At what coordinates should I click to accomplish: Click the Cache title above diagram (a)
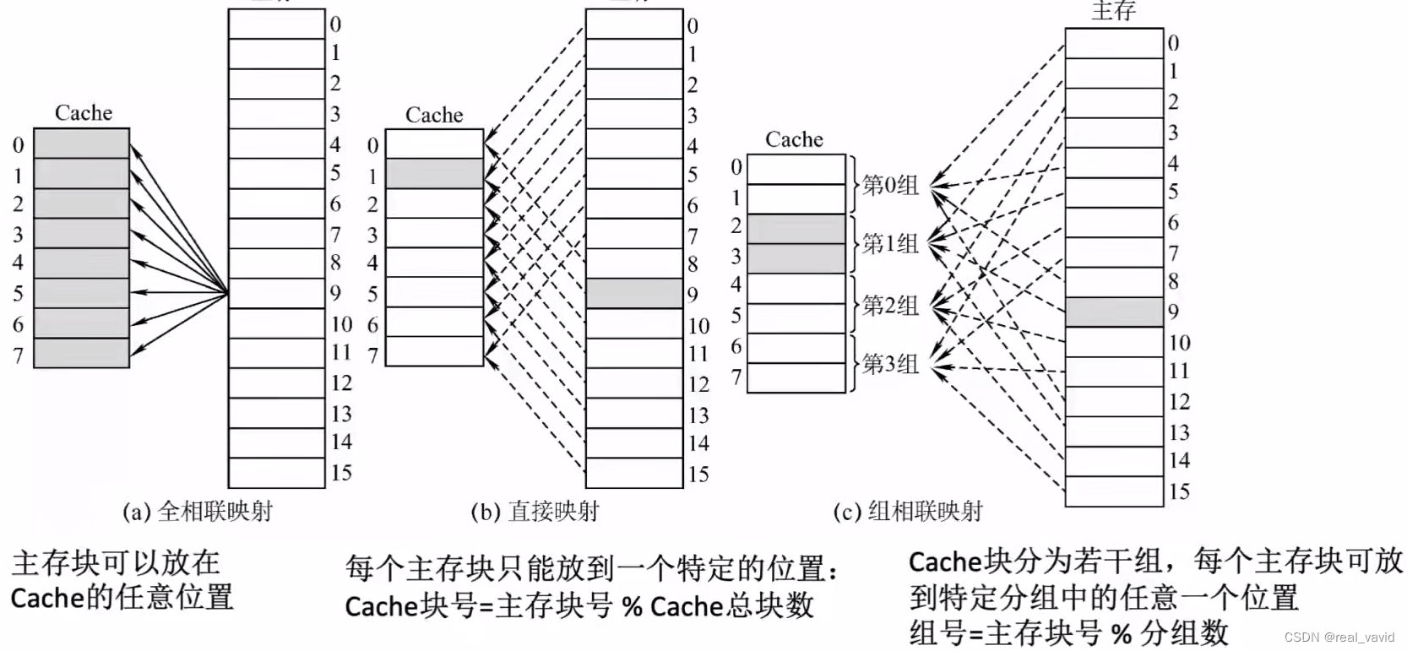pyautogui.click(x=84, y=113)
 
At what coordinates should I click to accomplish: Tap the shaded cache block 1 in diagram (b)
pyautogui.click(x=435, y=174)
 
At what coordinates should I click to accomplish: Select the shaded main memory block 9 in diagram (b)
pyautogui.click(x=634, y=293)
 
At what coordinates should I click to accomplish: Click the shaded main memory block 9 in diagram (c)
pyautogui.click(x=1114, y=312)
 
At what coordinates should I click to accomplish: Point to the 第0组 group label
pyautogui.click(x=890, y=185)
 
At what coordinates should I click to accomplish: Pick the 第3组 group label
pyautogui.click(x=890, y=363)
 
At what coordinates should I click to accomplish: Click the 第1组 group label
pyautogui.click(x=890, y=243)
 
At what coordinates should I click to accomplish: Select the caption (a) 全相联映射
pyautogui.click(x=198, y=512)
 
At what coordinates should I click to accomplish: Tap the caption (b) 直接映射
pyautogui.click(x=535, y=512)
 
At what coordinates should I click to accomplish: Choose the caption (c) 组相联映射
pyautogui.click(x=908, y=512)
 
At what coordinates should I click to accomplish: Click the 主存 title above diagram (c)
pyautogui.click(x=1114, y=11)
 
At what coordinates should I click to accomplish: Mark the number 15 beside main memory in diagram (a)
pyautogui.click(x=342, y=473)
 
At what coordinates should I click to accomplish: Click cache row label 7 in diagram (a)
pyautogui.click(x=19, y=356)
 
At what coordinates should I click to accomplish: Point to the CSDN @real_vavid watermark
pyautogui.click(x=1339, y=637)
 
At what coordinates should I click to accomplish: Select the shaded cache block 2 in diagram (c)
pyautogui.click(x=796, y=229)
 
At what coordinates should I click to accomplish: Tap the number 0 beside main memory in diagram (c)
pyautogui.click(x=1173, y=43)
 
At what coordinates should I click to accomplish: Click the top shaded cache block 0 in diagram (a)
pyautogui.click(x=82, y=144)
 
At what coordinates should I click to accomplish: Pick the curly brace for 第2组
pyautogui.click(x=853, y=305)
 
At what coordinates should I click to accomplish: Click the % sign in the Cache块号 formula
pyautogui.click(x=632, y=606)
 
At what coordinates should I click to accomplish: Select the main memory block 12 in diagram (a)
pyautogui.click(x=277, y=383)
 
